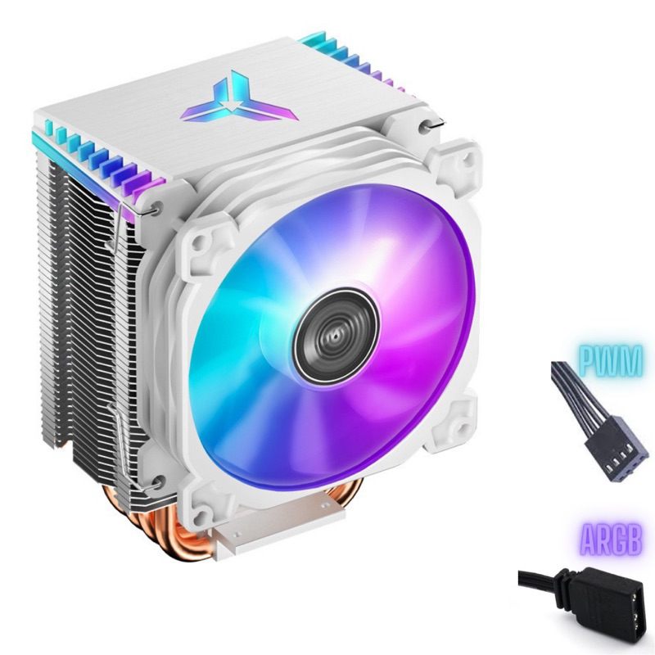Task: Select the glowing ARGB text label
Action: [x=612, y=542]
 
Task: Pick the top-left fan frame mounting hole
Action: [x=201, y=241]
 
